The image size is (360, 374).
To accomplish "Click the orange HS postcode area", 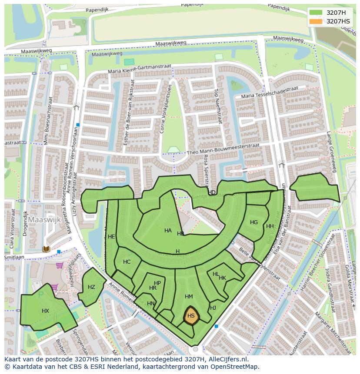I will (191, 317).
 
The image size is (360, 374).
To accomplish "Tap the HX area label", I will (46, 311).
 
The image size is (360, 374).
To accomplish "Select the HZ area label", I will (91, 287).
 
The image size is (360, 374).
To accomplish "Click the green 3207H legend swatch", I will (316, 13).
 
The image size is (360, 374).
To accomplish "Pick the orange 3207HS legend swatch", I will (316, 21).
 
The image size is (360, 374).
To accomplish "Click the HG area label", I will (254, 222).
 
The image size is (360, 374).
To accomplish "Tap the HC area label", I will (127, 262).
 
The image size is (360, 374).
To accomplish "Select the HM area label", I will (189, 297).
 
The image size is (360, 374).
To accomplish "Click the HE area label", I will (111, 237).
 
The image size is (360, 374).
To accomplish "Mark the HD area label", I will (212, 192).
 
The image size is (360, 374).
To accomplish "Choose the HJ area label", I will (213, 308).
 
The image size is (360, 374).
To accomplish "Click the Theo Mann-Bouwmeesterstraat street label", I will (223, 149).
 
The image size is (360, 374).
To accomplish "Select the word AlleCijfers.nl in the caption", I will (227, 359).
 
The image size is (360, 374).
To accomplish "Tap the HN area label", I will (151, 304).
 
